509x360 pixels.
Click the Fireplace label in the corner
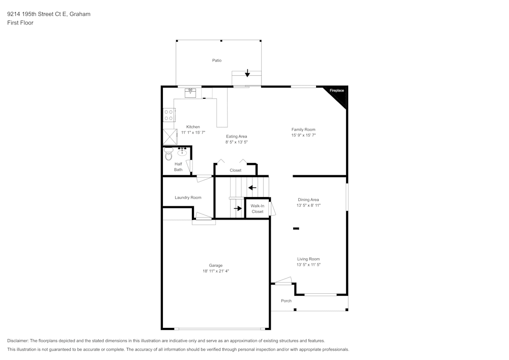pyautogui.click(x=336, y=91)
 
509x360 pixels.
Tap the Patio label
pyautogui.click(x=217, y=61)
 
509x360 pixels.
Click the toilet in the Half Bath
pyautogui.click(x=168, y=154)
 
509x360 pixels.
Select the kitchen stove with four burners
pyautogui.click(x=169, y=115)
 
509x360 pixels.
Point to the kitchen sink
pyautogui.click(x=190, y=93)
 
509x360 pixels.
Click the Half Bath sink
pyautogui.click(x=182, y=152)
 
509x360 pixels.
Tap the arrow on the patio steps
pyautogui.click(x=247, y=73)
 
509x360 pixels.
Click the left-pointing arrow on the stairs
pyautogui.click(x=252, y=187)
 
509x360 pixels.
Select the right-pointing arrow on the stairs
pyautogui.click(x=238, y=208)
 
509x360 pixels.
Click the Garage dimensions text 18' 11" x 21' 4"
pyautogui.click(x=216, y=271)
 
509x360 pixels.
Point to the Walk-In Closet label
pyautogui.click(x=258, y=209)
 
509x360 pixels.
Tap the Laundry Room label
pyautogui.click(x=188, y=198)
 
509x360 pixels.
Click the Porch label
pyautogui.click(x=286, y=301)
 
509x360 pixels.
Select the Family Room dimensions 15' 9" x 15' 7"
pyautogui.click(x=303, y=135)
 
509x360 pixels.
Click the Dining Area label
pyautogui.click(x=308, y=200)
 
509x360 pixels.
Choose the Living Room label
pyautogui.click(x=308, y=259)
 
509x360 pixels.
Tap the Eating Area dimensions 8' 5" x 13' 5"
pyautogui.click(x=237, y=142)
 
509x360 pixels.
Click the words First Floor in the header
pyautogui.click(x=20, y=23)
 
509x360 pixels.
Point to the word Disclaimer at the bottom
pyautogui.click(x=17, y=341)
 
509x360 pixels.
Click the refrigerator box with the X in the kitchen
pyautogui.click(x=170, y=136)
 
